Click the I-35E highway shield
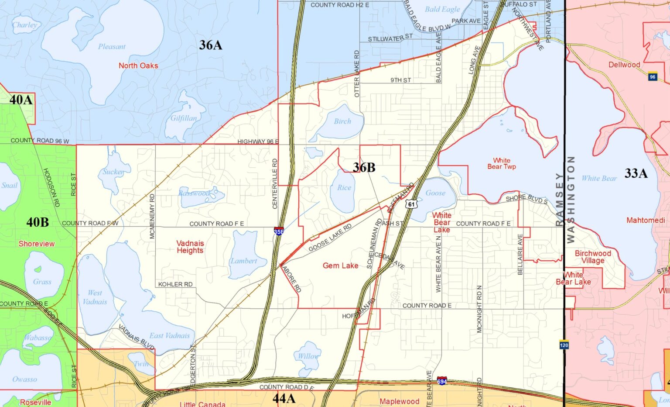278,231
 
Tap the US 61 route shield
411,204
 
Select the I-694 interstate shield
442,380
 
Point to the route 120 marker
564,345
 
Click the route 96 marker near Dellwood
653,76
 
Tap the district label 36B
364,167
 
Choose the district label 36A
211,45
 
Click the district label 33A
636,173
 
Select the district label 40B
38,222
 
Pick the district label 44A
284,398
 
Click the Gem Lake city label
340,266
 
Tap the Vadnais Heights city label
190,247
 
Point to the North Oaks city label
138,66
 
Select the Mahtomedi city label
646,220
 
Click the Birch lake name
342,121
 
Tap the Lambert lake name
244,261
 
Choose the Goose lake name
435,193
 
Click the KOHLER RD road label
175,284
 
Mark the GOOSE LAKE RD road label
330,238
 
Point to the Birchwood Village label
593,257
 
